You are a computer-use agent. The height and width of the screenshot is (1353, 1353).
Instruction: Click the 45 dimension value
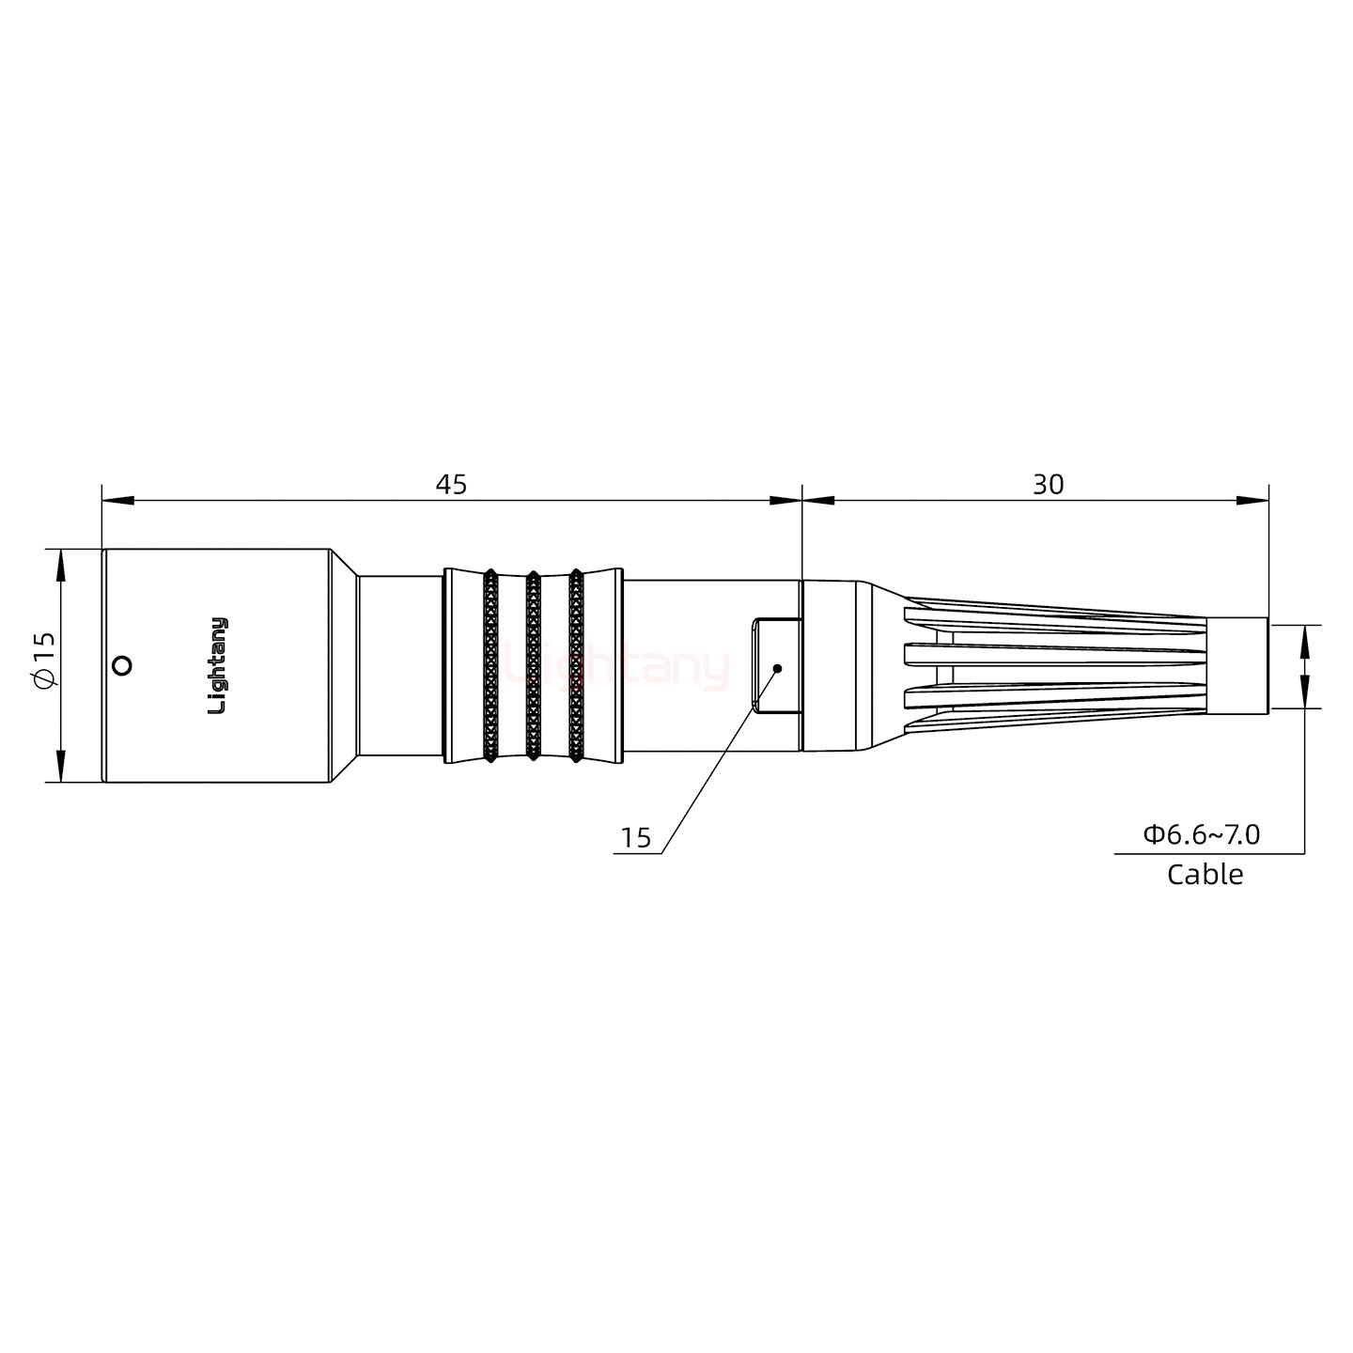coord(451,485)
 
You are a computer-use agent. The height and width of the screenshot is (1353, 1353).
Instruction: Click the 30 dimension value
coord(1048,485)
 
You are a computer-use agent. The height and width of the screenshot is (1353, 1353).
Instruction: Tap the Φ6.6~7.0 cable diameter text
coord(1201,833)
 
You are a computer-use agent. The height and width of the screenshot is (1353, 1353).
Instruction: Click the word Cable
coord(1205,875)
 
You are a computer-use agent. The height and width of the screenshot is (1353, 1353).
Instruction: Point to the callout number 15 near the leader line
coord(636,838)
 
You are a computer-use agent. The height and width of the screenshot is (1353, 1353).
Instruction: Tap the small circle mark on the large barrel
coord(120,666)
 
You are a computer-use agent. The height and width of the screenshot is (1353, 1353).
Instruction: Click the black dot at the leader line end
coord(777,668)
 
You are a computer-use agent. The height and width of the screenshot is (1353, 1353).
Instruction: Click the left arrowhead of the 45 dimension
coord(117,501)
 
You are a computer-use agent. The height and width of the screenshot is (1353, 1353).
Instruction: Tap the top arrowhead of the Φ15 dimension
coord(60,565)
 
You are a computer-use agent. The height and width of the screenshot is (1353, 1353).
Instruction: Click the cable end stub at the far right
coord(1237,666)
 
